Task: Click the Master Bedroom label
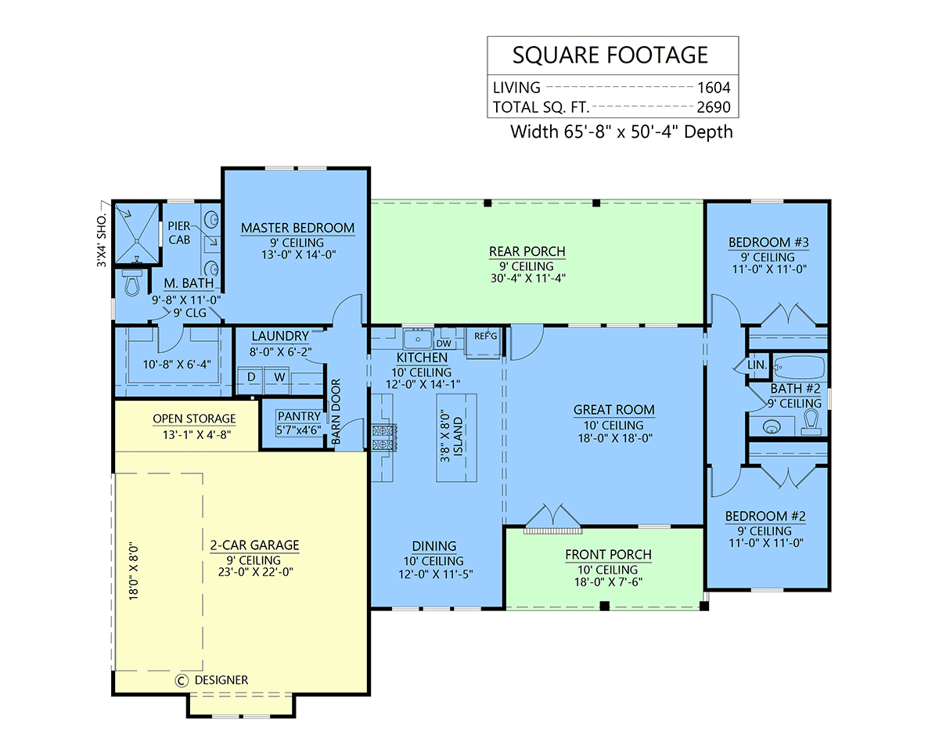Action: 297,228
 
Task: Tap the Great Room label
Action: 614,410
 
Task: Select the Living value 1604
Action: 714,88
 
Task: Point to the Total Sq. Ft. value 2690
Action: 714,107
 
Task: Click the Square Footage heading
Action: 610,55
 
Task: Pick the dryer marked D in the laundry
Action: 251,377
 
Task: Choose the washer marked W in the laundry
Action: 279,377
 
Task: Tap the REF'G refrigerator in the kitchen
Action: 484,343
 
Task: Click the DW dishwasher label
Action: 444,344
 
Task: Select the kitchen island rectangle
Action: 456,437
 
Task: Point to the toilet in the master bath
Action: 131,282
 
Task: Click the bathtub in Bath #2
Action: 800,366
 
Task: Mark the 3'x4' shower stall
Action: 138,234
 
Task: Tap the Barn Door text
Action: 336,412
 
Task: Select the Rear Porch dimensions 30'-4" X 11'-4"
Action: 528,279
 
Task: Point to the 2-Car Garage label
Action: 255,545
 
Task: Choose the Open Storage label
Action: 194,419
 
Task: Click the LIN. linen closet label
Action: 757,365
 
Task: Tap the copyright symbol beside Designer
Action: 182,680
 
